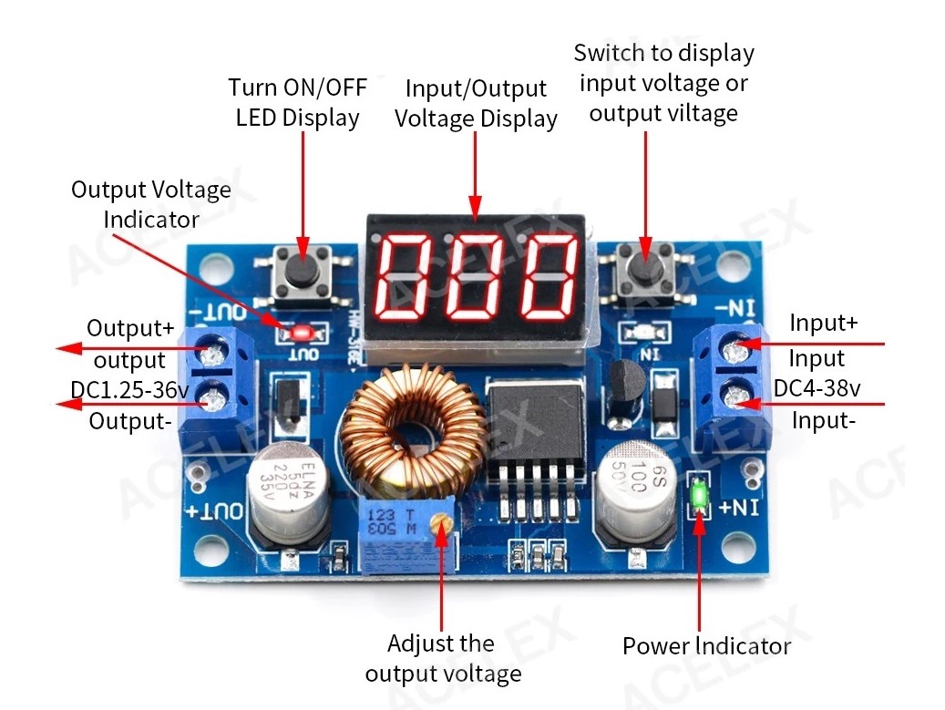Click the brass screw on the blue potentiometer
442,523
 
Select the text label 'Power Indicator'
706,646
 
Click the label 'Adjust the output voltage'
443,658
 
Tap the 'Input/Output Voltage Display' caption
476,104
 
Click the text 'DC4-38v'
817,389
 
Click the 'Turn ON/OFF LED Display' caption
297,102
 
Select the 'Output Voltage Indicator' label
151,204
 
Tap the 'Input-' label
823,420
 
